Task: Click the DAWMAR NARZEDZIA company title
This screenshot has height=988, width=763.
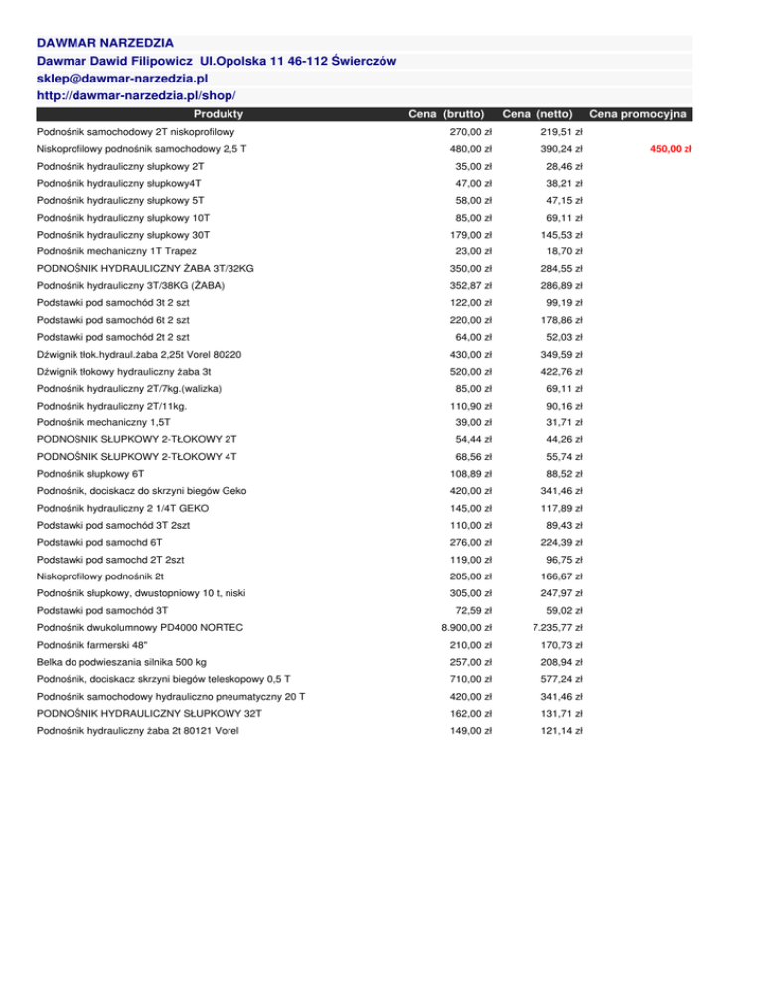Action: (x=104, y=43)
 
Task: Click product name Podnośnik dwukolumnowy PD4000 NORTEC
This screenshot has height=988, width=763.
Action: (x=139, y=627)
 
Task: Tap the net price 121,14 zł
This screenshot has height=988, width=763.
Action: (x=560, y=731)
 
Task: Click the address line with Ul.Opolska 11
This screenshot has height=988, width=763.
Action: (x=217, y=60)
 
